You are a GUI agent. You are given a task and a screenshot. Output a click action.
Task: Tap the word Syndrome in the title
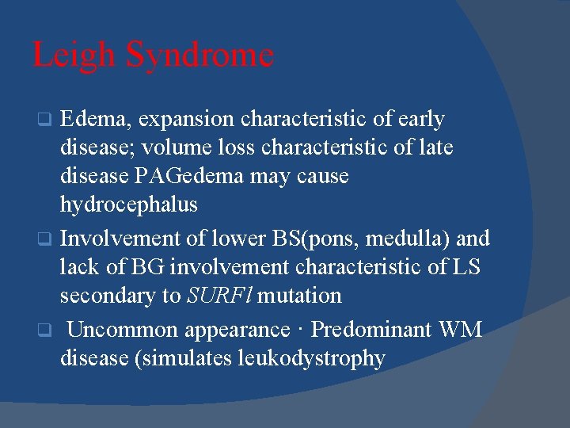[200, 55]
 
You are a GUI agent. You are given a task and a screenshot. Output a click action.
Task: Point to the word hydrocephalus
[129, 205]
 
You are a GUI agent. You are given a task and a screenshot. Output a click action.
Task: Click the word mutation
[300, 296]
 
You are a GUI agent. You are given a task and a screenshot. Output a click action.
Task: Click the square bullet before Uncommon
[46, 330]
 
